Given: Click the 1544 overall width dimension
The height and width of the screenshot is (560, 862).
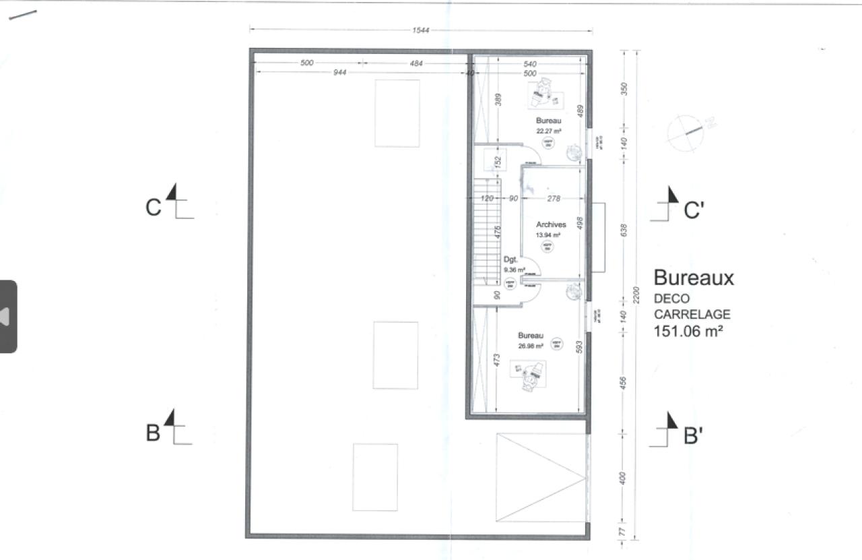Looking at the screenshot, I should (421, 30).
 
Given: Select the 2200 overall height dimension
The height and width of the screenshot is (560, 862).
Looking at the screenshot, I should (636, 294).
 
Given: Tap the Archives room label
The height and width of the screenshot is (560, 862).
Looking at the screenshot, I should (551, 224).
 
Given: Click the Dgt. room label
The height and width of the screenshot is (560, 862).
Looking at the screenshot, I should (510, 259).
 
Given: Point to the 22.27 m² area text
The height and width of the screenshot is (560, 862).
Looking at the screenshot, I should (549, 131).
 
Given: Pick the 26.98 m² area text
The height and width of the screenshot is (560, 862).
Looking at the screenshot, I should (531, 346).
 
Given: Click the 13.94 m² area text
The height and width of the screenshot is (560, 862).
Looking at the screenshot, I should (548, 235).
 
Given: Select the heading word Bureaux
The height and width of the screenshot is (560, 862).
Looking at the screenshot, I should (694, 278).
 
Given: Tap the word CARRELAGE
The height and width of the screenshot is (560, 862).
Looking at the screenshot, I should (692, 314).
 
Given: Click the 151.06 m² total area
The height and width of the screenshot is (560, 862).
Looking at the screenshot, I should (692, 331).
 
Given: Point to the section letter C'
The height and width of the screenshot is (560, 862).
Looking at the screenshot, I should (694, 211).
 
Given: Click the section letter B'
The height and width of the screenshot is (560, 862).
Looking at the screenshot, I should (694, 436).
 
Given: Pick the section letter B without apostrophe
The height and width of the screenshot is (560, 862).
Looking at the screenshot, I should (154, 433).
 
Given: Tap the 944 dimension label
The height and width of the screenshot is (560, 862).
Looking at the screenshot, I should (339, 73).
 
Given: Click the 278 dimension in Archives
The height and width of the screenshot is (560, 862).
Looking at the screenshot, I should (554, 198).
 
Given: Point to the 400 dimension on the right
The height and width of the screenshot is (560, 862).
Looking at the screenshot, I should (623, 478).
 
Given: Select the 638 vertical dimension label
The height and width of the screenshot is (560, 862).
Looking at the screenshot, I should (623, 230).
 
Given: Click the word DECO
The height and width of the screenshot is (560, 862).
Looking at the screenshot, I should (671, 299).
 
